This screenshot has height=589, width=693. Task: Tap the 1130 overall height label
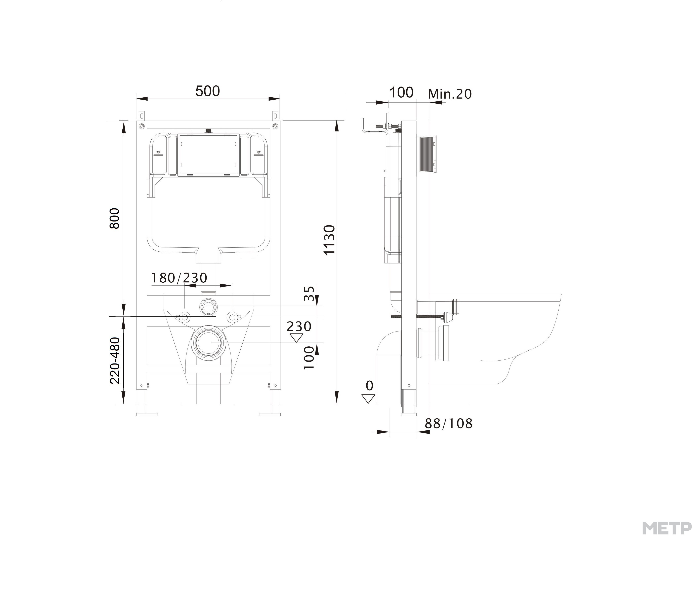[x=329, y=240]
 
